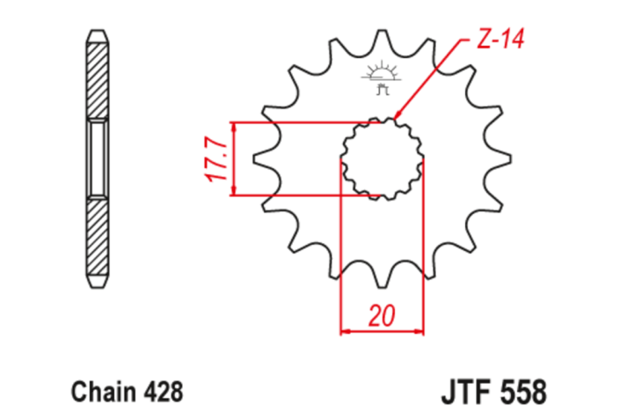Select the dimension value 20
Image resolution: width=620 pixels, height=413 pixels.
(382, 315)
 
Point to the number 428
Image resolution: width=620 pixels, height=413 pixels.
(162, 389)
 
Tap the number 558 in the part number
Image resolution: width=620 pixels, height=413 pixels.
(522, 389)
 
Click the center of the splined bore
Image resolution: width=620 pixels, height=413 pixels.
(382, 159)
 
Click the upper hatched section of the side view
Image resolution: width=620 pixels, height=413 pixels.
(98, 79)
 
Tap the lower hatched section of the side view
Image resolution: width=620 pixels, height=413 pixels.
(98, 238)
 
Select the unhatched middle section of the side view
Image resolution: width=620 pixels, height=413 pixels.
(98, 159)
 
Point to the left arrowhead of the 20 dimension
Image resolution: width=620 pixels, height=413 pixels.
(345, 332)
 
